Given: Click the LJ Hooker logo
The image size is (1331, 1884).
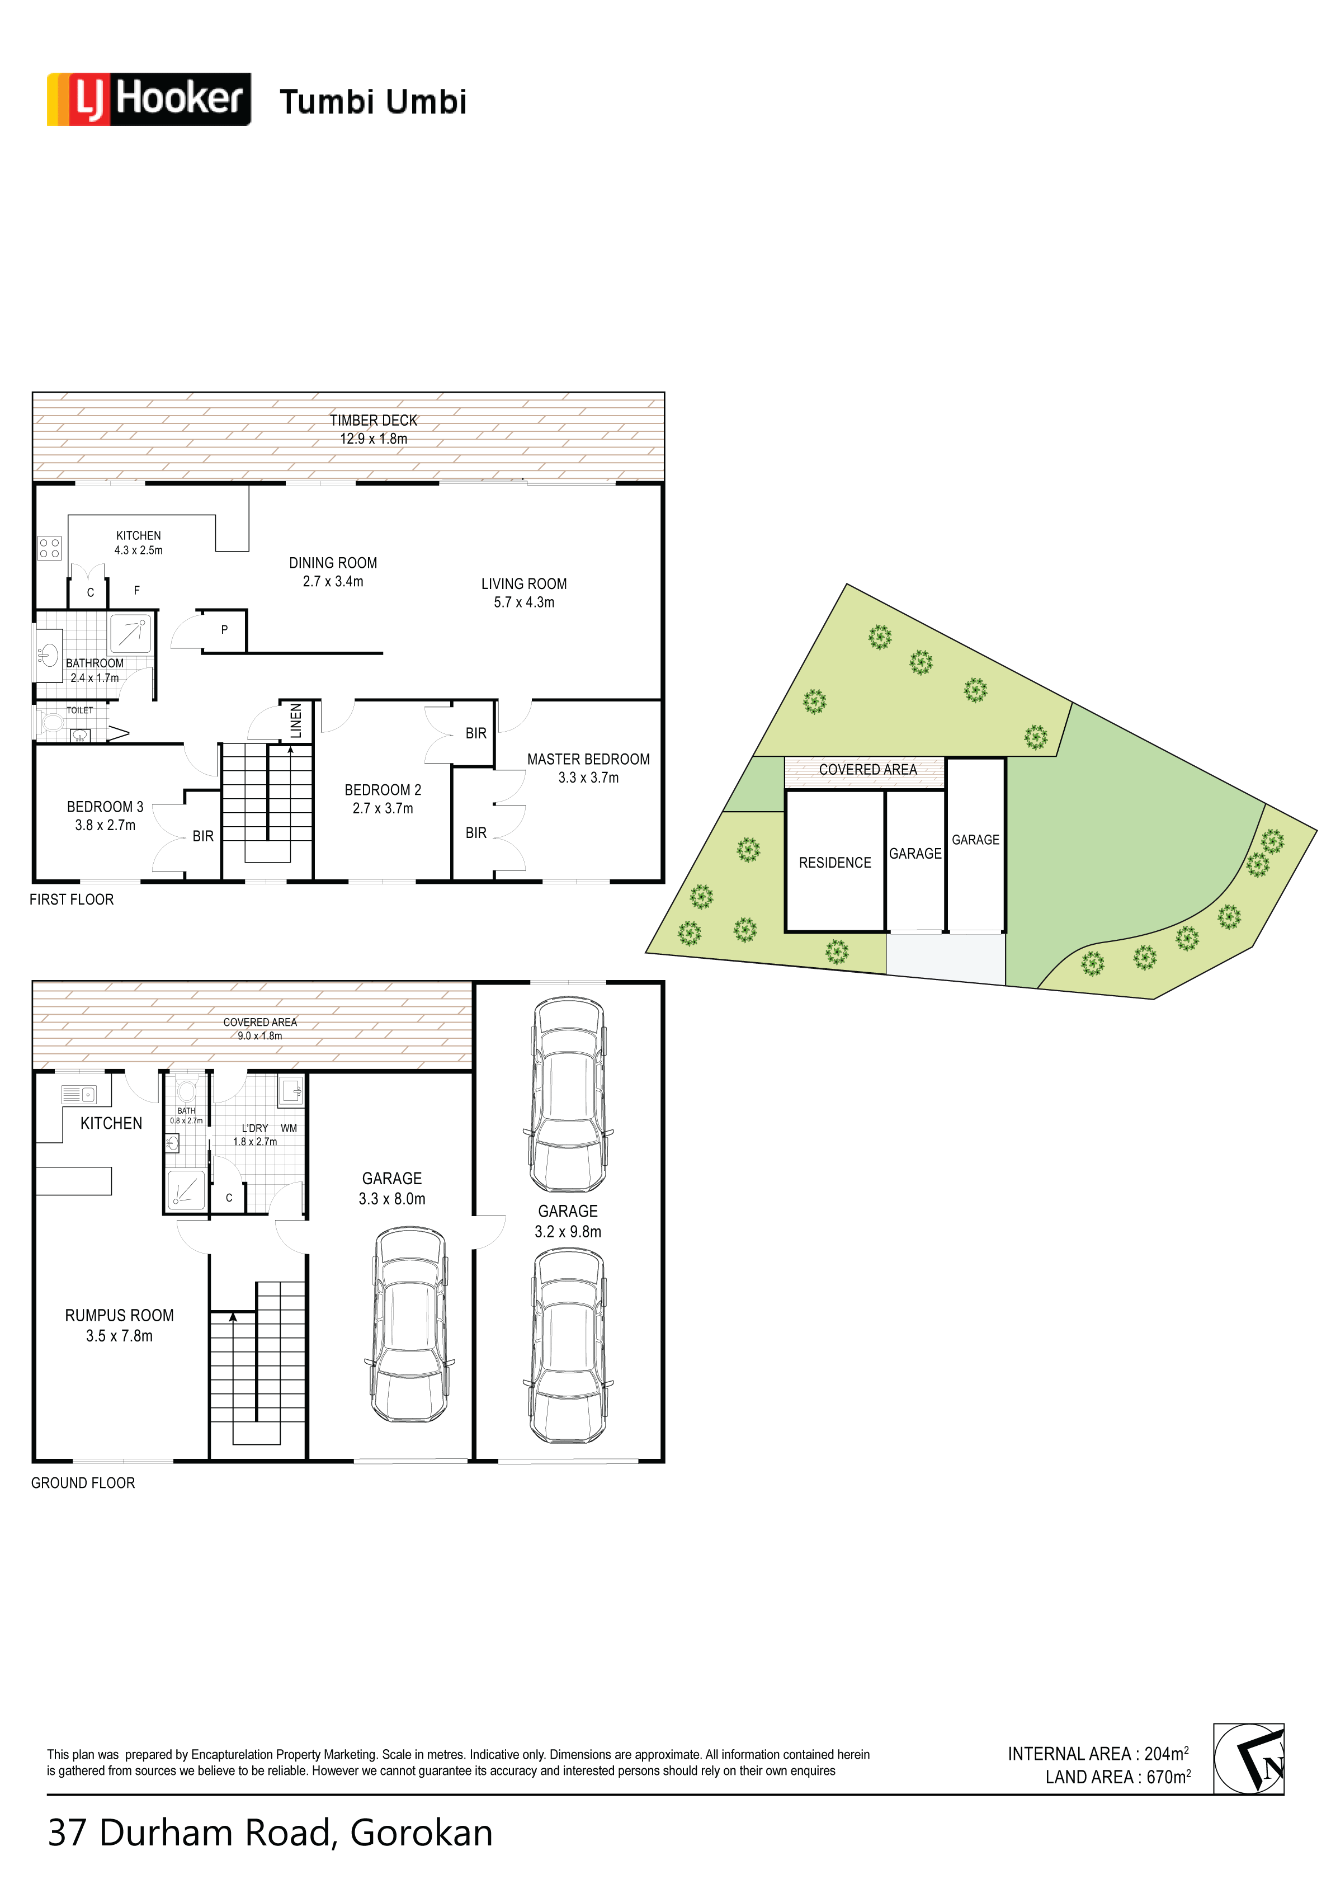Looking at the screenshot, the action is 149,99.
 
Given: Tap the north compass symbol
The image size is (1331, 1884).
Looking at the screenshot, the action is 1248,1759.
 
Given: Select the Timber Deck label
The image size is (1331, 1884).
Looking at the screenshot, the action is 374,420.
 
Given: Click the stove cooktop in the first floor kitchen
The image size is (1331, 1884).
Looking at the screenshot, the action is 49,547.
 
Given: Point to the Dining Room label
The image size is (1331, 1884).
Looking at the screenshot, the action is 333,563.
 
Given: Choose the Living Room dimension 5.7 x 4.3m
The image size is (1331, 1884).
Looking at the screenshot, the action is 523,602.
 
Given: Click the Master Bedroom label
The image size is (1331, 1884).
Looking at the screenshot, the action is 588,759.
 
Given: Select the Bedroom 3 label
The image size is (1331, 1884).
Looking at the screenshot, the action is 105,807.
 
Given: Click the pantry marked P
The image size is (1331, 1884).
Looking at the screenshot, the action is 224,630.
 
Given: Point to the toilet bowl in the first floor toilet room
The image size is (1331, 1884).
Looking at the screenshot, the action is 53,723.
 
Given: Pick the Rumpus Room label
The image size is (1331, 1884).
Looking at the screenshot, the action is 119,1315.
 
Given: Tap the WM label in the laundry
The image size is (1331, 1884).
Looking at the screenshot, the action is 289,1128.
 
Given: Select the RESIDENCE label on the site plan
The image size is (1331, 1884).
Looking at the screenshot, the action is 834,863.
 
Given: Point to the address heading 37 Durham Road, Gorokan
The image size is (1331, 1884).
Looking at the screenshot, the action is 270,1833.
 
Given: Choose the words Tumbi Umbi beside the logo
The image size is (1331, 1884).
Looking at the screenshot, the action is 374,102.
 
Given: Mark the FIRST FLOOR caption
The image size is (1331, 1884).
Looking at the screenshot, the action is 72,899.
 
